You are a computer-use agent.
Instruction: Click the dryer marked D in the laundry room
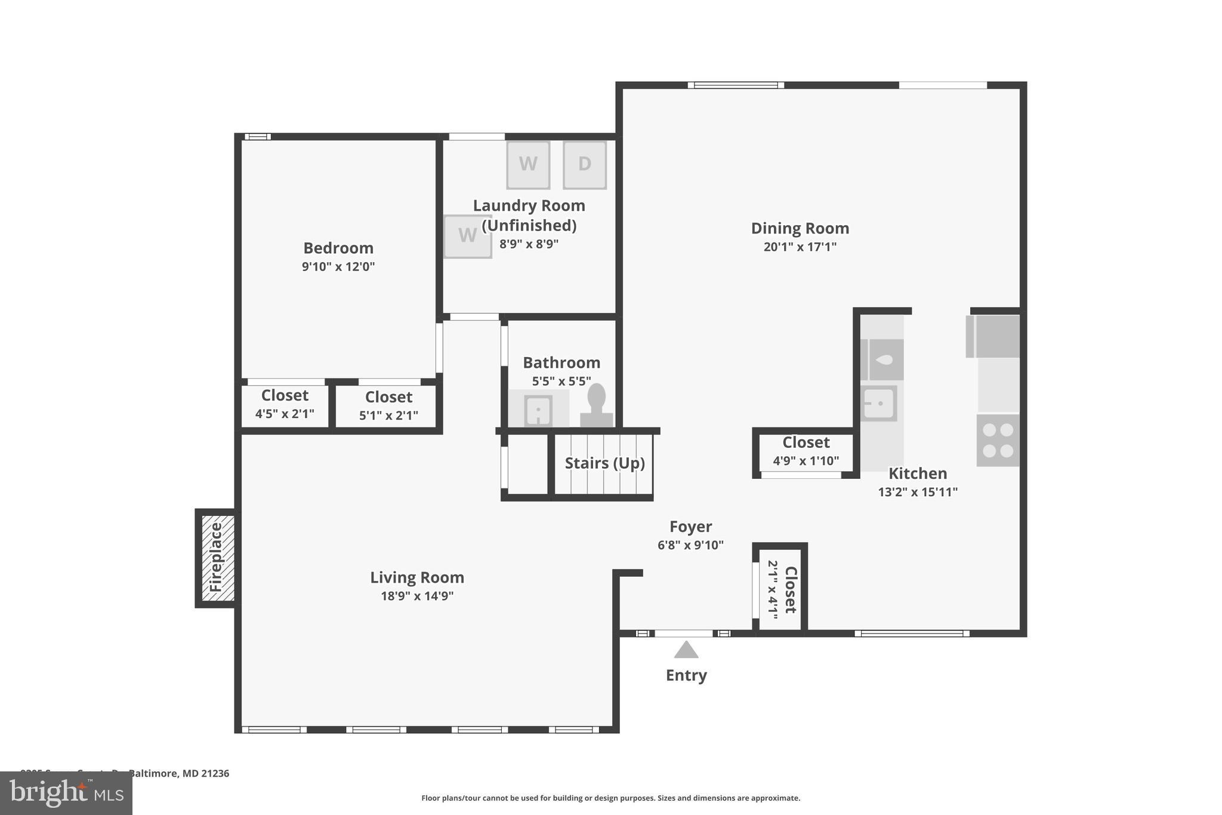tap(584, 165)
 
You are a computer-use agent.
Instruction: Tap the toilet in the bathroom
tap(596, 406)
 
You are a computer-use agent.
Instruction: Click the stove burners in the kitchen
tap(998, 441)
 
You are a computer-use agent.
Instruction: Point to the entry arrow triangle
tap(686, 650)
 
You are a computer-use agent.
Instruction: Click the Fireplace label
tap(216, 557)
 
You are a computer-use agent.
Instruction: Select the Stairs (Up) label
tap(604, 463)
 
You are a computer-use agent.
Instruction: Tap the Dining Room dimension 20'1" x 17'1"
tap(800, 247)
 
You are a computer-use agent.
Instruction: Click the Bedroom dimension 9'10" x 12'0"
tap(338, 266)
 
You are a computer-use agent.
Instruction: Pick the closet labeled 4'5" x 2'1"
tap(285, 405)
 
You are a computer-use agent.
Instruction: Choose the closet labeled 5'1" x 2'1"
tap(388, 407)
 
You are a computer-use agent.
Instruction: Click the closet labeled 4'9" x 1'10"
tap(806, 451)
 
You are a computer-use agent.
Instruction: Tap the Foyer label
tap(690, 527)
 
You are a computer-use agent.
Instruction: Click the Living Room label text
tap(417, 577)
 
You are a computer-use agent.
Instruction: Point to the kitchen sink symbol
tap(879, 404)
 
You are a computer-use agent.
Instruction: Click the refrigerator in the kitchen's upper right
tap(993, 336)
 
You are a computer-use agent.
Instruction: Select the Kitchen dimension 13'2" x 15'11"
tap(917, 492)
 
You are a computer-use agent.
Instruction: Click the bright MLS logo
tap(66, 793)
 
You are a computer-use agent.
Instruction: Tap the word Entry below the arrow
tap(686, 675)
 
